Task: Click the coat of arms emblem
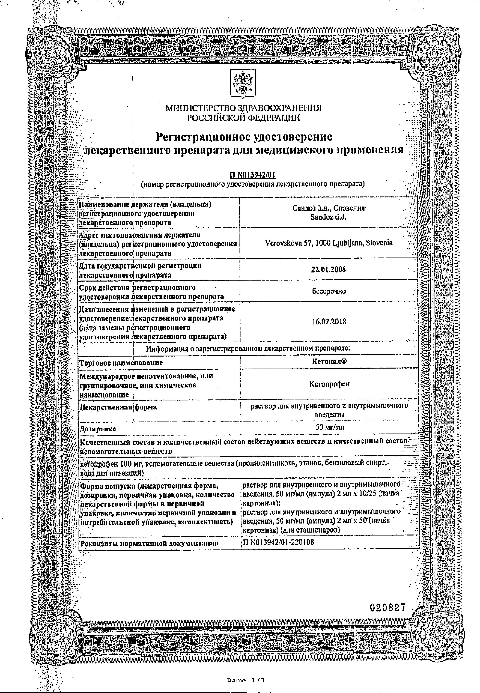point(243,83)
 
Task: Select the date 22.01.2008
point(328,270)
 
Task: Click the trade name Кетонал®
point(329,361)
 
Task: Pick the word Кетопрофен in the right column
point(329,384)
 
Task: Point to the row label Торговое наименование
point(121,363)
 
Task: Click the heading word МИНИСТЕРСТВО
point(200,108)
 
